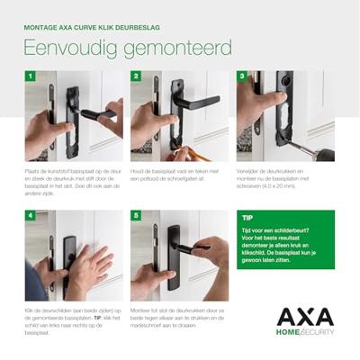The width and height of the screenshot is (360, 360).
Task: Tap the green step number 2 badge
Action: coord(135,76)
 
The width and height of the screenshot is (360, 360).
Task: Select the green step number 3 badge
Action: coord(241,76)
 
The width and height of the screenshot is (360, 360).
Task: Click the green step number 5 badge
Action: coord(135,216)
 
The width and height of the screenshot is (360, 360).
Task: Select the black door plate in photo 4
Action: coord(70,261)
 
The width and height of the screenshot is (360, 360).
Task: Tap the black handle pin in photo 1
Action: coord(94,114)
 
